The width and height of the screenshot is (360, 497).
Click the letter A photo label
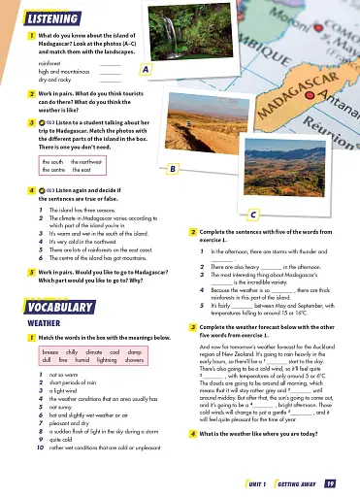(x=145, y=70)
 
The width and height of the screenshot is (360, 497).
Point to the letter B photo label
(x=172, y=170)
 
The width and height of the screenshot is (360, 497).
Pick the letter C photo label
(x=252, y=215)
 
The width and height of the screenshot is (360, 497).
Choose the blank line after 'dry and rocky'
(x=109, y=79)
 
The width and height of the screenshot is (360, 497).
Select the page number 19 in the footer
(x=330, y=481)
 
